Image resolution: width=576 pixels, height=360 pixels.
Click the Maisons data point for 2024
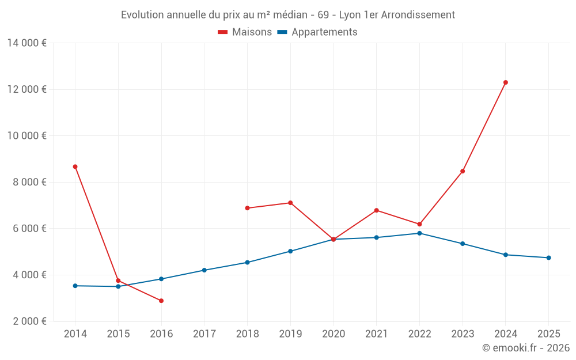click(x=506, y=82)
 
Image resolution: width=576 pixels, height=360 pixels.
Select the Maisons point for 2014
click(x=75, y=166)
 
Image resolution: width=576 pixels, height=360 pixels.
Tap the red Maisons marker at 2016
click(x=161, y=301)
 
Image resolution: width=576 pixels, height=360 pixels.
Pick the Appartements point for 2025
click(x=548, y=257)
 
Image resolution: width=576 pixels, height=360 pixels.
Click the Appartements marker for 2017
click(x=204, y=270)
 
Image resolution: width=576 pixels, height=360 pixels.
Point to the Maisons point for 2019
click(x=290, y=203)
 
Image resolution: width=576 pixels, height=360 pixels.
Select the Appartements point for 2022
click(x=419, y=233)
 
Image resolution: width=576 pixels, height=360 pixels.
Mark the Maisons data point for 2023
click(x=463, y=171)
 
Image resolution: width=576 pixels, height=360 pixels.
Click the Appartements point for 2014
click(x=75, y=286)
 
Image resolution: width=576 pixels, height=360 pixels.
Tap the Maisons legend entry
click(x=245, y=32)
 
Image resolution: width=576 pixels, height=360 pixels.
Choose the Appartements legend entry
click(x=317, y=32)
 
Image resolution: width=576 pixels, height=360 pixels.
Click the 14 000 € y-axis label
click(x=26, y=43)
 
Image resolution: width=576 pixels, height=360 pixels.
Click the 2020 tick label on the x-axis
click(x=334, y=334)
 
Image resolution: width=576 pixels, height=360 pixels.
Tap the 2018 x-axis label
click(x=247, y=334)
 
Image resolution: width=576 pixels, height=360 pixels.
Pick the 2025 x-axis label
click(x=548, y=334)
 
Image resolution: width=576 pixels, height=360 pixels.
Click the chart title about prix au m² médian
click(x=288, y=15)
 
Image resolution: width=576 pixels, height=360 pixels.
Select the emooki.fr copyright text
click(x=525, y=348)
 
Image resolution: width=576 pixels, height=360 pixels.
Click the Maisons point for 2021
click(x=376, y=210)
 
